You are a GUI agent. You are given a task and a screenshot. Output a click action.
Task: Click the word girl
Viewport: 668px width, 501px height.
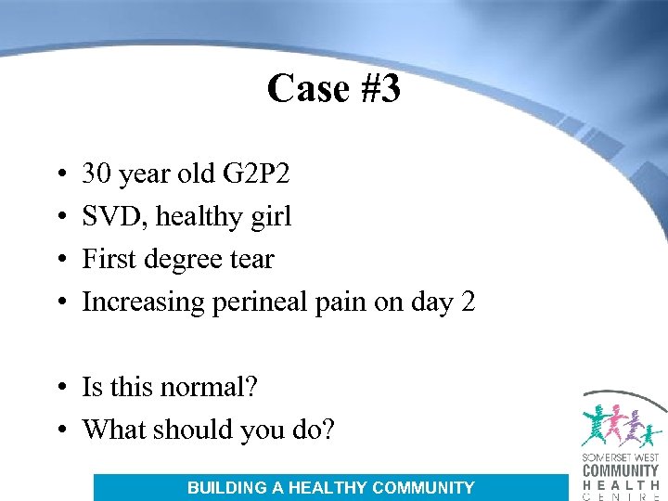click(x=270, y=216)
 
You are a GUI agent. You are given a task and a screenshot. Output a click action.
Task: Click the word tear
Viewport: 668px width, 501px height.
click(x=251, y=259)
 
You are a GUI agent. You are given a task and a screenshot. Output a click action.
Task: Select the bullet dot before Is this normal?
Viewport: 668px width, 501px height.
click(x=58, y=387)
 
